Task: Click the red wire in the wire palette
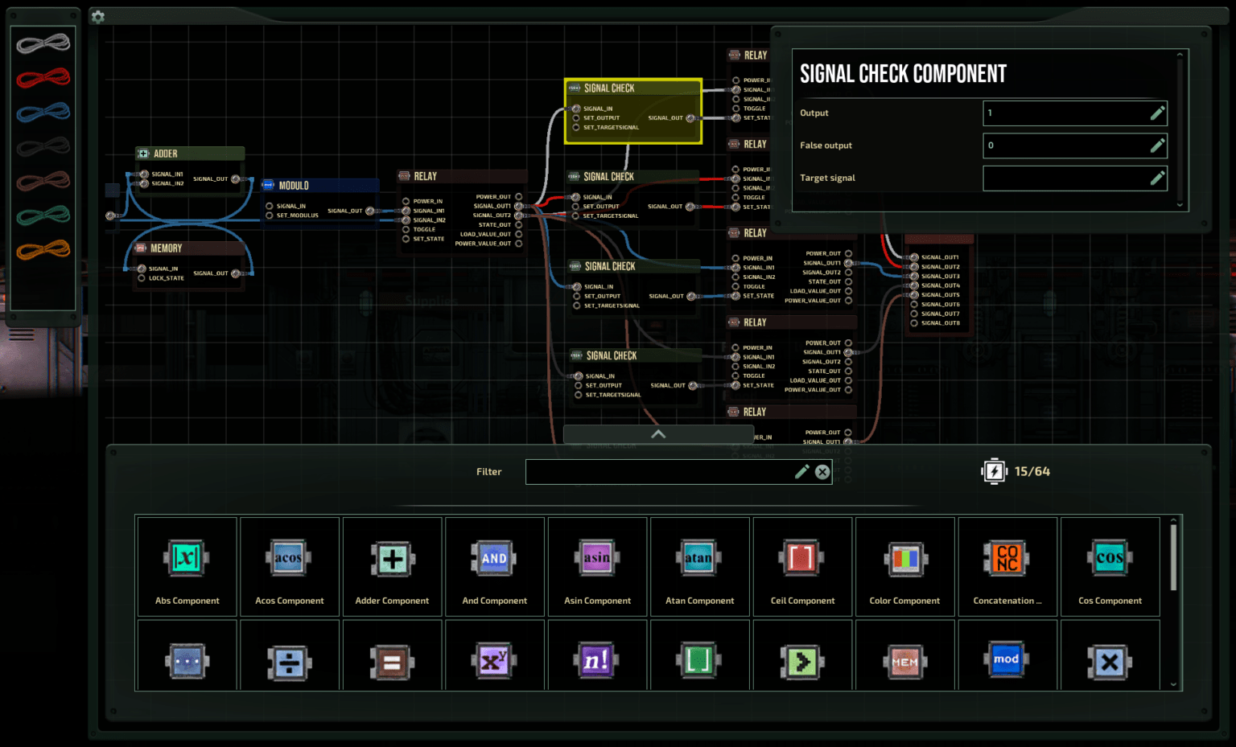[43, 78]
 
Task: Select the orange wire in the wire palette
[43, 249]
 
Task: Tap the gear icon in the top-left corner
[98, 16]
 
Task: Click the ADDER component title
[166, 154]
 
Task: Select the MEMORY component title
[166, 248]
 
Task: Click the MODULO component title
[294, 186]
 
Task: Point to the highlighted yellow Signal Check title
[609, 88]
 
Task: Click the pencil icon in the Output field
[1157, 113]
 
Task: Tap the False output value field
[1065, 146]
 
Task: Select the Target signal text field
[1065, 179]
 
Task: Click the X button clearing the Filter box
[822, 472]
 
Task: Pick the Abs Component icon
[187, 558]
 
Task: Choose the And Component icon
[494, 558]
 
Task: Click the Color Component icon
[904, 558]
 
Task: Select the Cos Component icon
[1110, 558]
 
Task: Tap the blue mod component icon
[1006, 660]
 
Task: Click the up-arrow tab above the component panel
[658, 434]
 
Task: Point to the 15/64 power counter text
[1032, 471]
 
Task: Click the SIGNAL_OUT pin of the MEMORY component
[236, 273]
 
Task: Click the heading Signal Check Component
[903, 74]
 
